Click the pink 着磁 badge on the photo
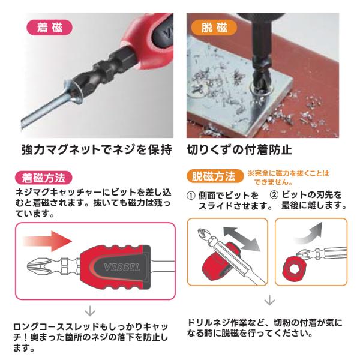(x=50, y=28)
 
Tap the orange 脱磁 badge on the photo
(x=214, y=28)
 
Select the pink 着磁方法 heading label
(x=44, y=178)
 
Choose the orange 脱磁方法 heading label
(x=215, y=176)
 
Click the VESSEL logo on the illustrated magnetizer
(x=122, y=267)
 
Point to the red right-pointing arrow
(x=47, y=241)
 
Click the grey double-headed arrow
(x=242, y=239)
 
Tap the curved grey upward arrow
(x=309, y=233)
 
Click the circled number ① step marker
(x=191, y=196)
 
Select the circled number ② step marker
(x=274, y=195)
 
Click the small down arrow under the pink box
(x=90, y=311)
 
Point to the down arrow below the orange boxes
(x=269, y=300)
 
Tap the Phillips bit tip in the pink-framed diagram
(x=38, y=266)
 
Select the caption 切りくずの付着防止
(x=239, y=150)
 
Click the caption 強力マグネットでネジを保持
(x=97, y=150)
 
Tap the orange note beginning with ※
(x=289, y=178)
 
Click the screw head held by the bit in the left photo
(x=73, y=93)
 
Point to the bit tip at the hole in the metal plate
(x=261, y=85)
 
